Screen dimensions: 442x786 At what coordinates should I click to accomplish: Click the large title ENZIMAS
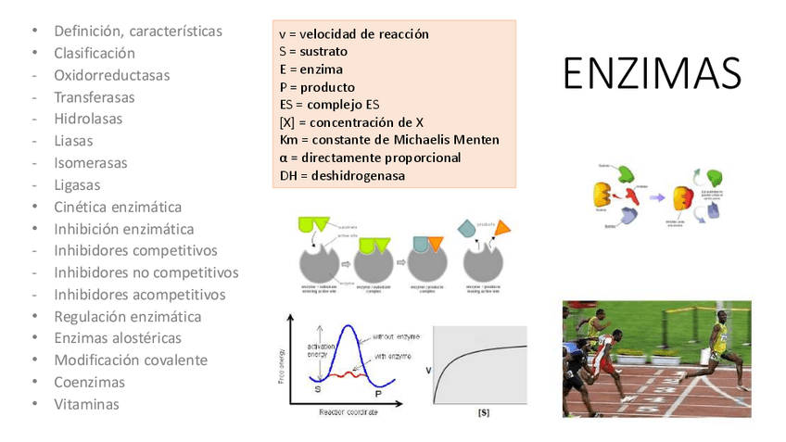[x=653, y=73]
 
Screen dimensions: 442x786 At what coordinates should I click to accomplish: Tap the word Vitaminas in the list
[x=86, y=404]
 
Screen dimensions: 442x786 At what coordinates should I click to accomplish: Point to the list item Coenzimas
[x=89, y=382]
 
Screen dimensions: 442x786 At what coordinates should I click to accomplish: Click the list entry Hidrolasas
[x=88, y=119]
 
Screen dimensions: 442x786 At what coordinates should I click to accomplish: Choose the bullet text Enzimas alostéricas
[x=118, y=338]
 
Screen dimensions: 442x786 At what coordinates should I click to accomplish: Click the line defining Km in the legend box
[x=389, y=140]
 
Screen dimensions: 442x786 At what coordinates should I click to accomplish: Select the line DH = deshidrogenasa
[x=342, y=175]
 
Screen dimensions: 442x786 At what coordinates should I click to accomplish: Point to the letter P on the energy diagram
[x=377, y=394]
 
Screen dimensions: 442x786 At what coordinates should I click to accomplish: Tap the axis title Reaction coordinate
[x=349, y=411]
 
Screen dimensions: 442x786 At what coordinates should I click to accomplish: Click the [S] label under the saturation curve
[x=483, y=411]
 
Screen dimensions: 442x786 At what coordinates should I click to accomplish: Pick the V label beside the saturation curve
[x=428, y=371]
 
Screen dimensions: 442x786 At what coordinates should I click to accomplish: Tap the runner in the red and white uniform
[x=603, y=357]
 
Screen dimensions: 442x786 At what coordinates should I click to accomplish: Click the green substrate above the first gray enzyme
[x=311, y=225]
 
